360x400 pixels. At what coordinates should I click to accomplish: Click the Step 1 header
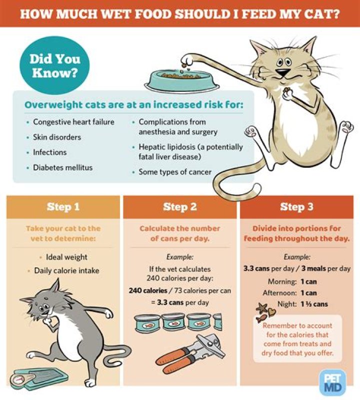[x=63, y=207]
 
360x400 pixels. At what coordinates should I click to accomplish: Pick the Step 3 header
[x=296, y=207]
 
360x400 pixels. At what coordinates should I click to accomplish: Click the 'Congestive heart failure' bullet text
[x=73, y=122]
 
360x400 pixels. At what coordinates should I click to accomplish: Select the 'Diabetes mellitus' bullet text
[x=62, y=168]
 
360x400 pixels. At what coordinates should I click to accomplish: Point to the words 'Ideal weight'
[x=66, y=257]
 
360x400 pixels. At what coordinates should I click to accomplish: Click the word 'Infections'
[x=49, y=152]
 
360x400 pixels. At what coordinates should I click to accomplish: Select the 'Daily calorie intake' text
[x=66, y=271]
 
